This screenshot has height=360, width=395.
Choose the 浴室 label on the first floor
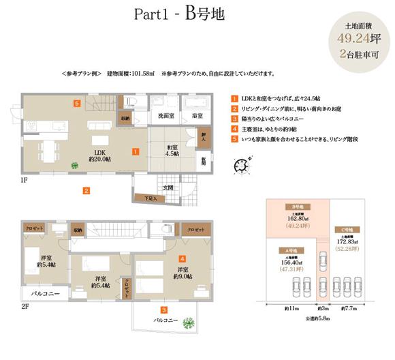[197, 117]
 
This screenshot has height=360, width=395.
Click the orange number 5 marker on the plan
[78, 103]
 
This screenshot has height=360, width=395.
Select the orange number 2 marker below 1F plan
[86, 190]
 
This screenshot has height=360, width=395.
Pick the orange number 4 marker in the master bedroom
[182, 259]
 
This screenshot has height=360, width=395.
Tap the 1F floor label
[24, 183]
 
